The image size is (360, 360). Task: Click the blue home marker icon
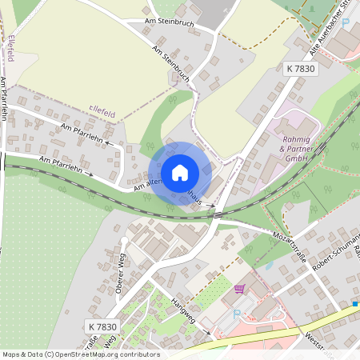click(x=180, y=173)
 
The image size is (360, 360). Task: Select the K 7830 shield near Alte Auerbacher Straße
click(x=300, y=69)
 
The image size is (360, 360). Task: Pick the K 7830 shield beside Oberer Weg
click(x=102, y=327)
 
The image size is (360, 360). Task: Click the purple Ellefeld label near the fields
click(x=102, y=114)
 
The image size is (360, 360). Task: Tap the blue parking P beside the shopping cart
click(x=236, y=314)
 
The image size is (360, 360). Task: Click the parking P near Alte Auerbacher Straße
click(x=346, y=23)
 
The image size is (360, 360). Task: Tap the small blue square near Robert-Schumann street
click(x=354, y=304)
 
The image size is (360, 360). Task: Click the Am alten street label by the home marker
click(x=149, y=183)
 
